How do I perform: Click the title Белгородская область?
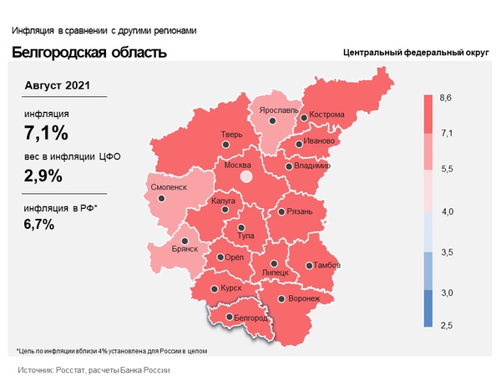[x=89, y=53]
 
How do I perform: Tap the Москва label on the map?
[x=239, y=165]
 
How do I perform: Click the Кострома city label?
[x=326, y=115]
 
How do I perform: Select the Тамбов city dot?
[x=306, y=266]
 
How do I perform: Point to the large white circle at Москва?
[x=245, y=177]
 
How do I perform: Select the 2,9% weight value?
[x=46, y=176]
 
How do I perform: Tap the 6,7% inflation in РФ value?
[x=40, y=224]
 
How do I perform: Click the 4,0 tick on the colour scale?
[x=446, y=213]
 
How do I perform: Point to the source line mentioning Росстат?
[x=94, y=368]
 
